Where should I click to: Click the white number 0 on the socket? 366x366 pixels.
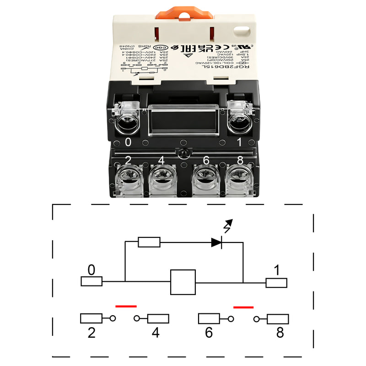(x=128, y=142)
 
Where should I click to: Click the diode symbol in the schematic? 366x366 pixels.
(x=217, y=242)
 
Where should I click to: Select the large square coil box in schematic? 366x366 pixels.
(x=183, y=282)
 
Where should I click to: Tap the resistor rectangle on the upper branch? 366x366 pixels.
(x=149, y=242)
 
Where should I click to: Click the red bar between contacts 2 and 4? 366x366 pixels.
(x=126, y=306)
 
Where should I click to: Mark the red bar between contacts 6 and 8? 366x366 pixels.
(x=243, y=307)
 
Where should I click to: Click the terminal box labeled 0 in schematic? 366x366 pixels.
(x=91, y=281)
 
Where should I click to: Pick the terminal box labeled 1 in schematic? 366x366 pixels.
(x=276, y=283)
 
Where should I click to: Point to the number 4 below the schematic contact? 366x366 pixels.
(x=156, y=333)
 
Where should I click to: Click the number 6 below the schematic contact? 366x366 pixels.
(x=209, y=333)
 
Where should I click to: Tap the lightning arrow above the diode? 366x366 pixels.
(x=227, y=226)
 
